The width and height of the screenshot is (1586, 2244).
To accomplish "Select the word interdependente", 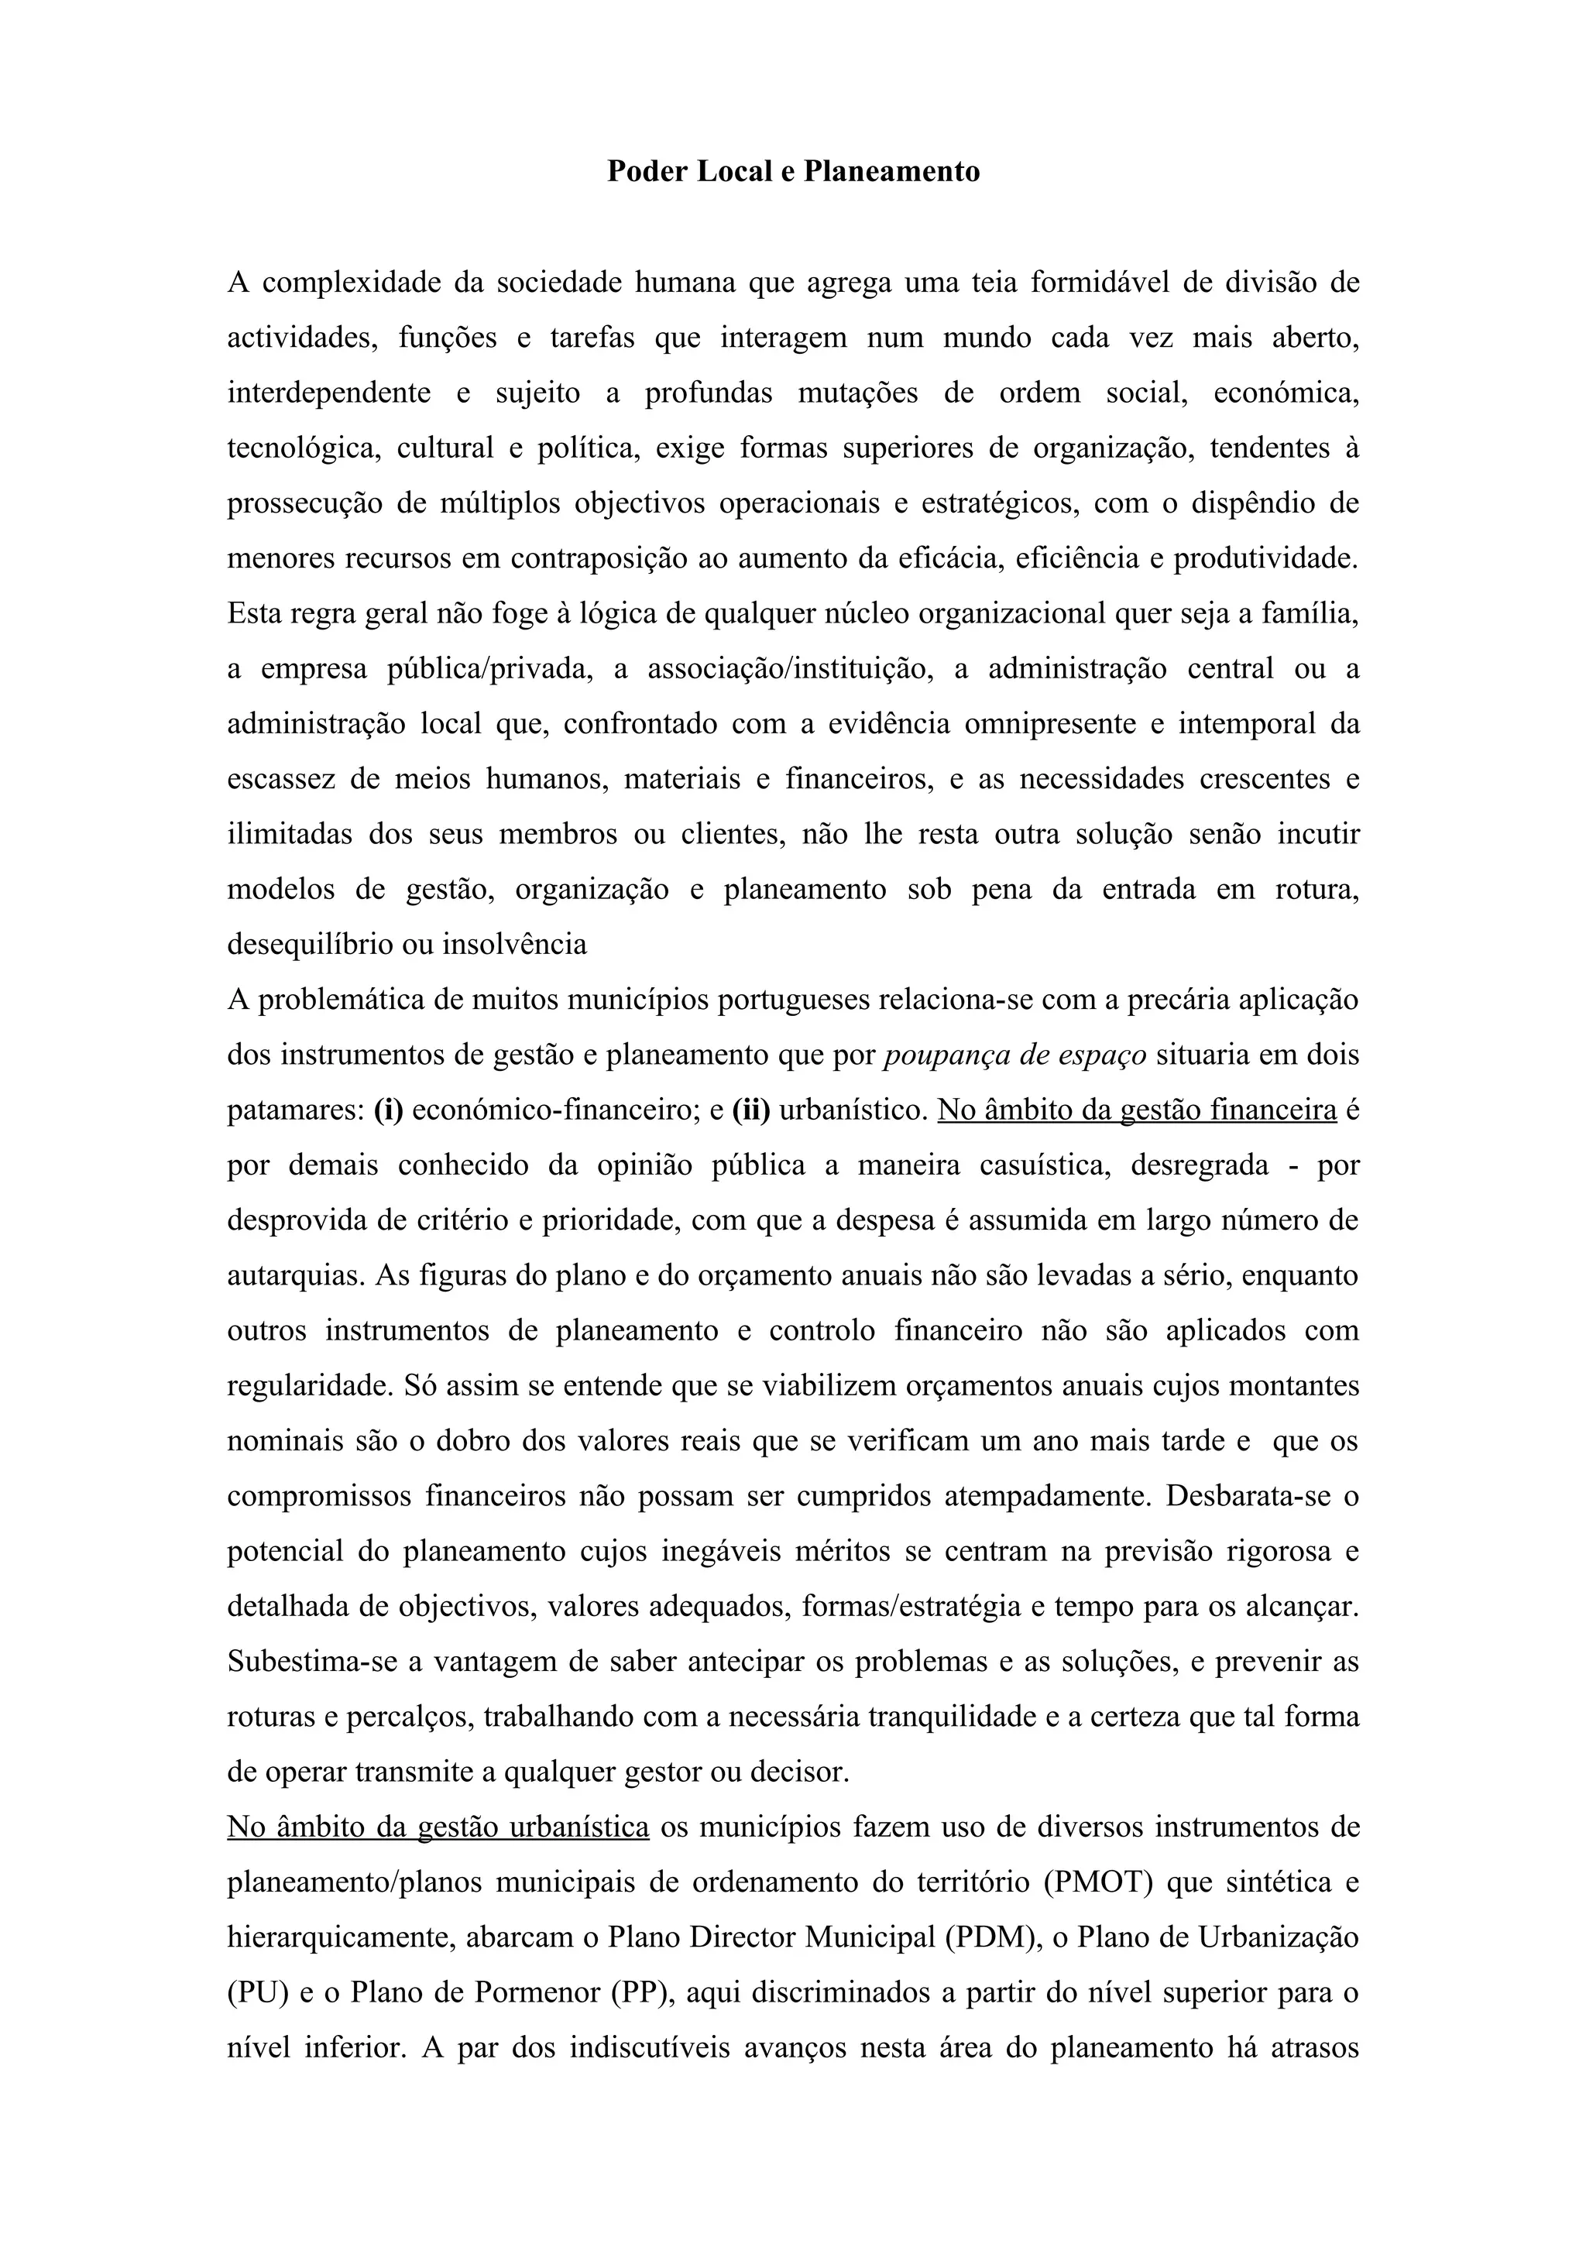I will click(x=328, y=393).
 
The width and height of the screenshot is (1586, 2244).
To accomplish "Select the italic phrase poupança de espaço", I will click(x=1014, y=1055).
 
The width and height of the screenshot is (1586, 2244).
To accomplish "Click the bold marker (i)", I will click(x=388, y=1111).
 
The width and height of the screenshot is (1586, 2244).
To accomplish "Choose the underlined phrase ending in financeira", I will click(x=1137, y=1111).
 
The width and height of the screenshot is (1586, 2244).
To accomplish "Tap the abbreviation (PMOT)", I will click(x=1098, y=1883).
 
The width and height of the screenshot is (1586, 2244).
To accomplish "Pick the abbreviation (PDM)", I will click(x=991, y=1938).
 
